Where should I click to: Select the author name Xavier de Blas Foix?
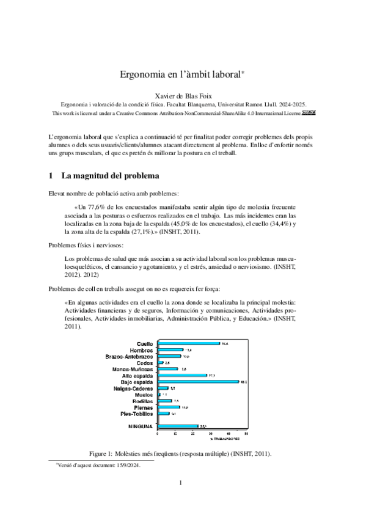pyautogui.click(x=183, y=95)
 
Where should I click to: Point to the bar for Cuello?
pyautogui.click(x=188, y=343)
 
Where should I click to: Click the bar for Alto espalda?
pyautogui.click(x=182, y=375)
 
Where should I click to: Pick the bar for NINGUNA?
pyautogui.click(x=178, y=426)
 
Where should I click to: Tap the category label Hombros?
pyautogui.click(x=141, y=350)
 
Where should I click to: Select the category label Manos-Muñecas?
pyautogui.click(x=133, y=369)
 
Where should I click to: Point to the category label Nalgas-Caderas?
pyautogui.click(x=133, y=388)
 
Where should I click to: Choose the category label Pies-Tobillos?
pyautogui.click(x=136, y=414)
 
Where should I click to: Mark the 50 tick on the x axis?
pyautogui.click(x=246, y=435)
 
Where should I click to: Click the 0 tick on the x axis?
pyautogui.click(x=158, y=435)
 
